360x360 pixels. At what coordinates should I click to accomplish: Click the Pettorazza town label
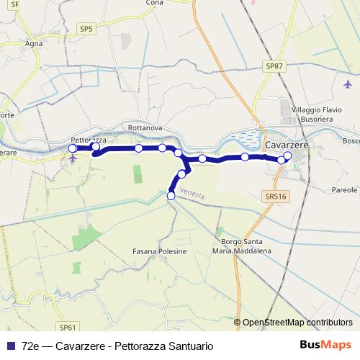(89, 139)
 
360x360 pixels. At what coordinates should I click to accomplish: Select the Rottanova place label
(145, 128)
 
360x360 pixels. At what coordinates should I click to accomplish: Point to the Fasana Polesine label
(159, 251)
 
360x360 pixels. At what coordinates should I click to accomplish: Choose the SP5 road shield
(86, 29)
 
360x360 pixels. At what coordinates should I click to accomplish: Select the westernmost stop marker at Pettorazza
(72, 148)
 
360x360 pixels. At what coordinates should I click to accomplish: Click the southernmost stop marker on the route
(171, 195)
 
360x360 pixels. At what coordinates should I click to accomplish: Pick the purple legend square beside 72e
(9, 346)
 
